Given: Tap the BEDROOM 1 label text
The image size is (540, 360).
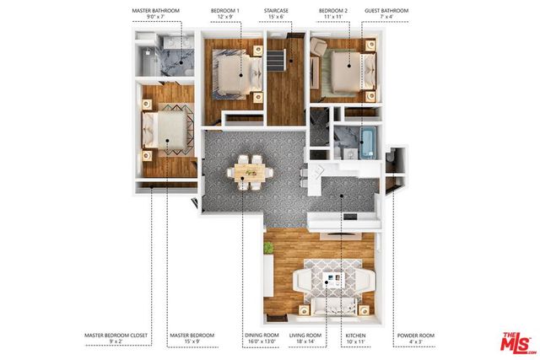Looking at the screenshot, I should tap(225, 11).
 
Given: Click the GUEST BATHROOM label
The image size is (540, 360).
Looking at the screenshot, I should tap(386, 11).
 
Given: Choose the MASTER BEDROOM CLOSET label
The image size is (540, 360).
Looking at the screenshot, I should tap(116, 335).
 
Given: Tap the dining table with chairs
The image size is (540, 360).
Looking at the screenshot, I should tap(249, 173).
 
